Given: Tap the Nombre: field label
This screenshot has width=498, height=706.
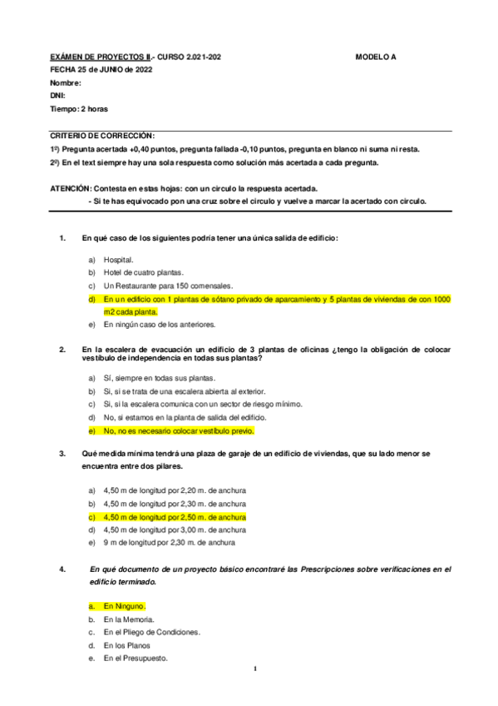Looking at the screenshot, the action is click(x=66, y=83).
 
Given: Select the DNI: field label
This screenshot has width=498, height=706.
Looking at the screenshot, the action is click(x=57, y=96).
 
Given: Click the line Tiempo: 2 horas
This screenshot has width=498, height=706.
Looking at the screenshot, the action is click(x=79, y=109).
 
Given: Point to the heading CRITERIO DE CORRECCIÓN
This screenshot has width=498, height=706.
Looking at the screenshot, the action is click(x=102, y=135).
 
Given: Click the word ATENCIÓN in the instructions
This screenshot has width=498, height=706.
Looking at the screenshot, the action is click(x=70, y=188).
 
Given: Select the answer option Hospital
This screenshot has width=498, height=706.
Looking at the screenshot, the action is click(x=119, y=260).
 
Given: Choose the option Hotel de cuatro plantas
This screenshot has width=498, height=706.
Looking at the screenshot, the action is click(x=144, y=272).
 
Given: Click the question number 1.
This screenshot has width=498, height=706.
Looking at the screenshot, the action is click(x=62, y=238).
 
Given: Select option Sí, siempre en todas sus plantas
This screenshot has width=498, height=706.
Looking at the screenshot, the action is click(x=154, y=378).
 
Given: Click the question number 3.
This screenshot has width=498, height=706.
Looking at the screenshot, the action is click(x=62, y=453).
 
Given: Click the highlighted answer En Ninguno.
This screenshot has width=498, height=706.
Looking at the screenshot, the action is click(x=125, y=606).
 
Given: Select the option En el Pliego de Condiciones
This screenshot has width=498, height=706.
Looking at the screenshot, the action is click(x=152, y=632).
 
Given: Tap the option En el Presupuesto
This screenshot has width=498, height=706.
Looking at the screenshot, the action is click(x=136, y=658).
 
